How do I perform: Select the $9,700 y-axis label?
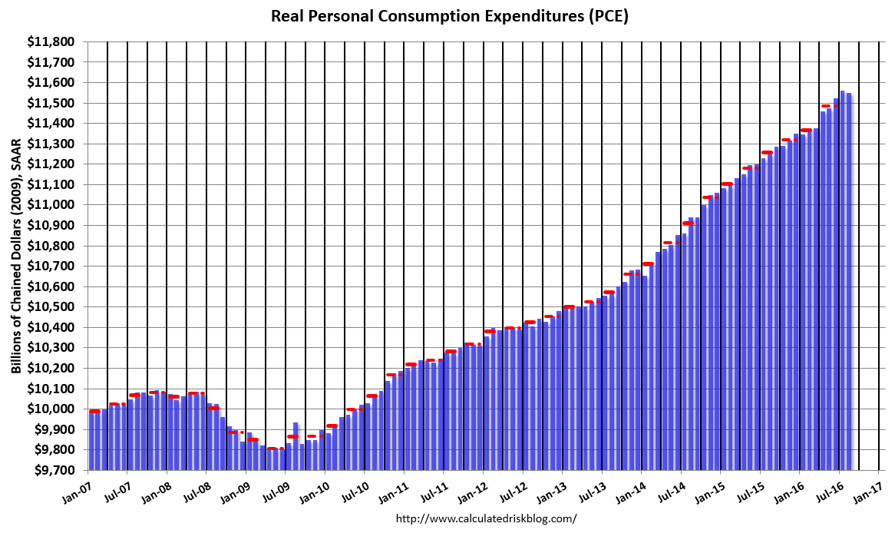click(60, 470)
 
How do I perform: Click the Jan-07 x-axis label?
click(80, 488)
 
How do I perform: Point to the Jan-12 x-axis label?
click(471, 488)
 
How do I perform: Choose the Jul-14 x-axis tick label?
click(667, 488)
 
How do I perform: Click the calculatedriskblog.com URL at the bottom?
click(486, 518)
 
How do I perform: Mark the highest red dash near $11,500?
click(826, 106)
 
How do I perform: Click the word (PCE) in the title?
click(606, 16)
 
